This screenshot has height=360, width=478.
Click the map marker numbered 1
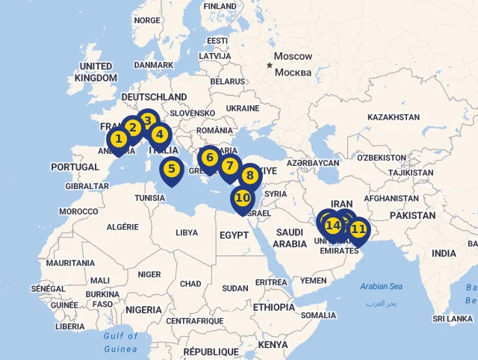pyautogui.click(x=118, y=139)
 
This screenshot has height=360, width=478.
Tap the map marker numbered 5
pyautogui.click(x=172, y=170)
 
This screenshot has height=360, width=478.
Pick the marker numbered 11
pyautogui.click(x=358, y=229)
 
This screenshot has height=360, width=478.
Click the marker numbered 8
pyautogui.click(x=250, y=176)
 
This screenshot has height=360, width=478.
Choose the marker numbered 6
pyautogui.click(x=210, y=158)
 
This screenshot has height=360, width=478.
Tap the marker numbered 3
pyautogui.click(x=148, y=121)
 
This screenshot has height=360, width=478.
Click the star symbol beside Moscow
pyautogui.click(x=269, y=66)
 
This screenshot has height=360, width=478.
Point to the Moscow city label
pyautogui.click(x=293, y=57)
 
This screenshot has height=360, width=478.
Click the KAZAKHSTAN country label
pyautogui.click(x=394, y=117)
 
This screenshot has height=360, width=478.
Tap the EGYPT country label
pyautogui.click(x=234, y=235)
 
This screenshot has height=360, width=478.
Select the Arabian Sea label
pyautogui.click(x=381, y=286)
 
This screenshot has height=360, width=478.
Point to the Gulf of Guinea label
pyautogui.click(x=120, y=342)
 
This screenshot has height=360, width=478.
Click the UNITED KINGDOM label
pyautogui.click(x=96, y=72)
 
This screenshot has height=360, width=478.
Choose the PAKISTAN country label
pyautogui.click(x=412, y=215)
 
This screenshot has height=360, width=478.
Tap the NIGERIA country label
pyautogui.click(x=143, y=309)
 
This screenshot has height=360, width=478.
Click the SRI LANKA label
pyautogui.click(x=453, y=319)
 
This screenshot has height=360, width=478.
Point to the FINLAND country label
pyautogui.click(x=220, y=6)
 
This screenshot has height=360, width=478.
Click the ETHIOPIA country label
pyautogui.click(x=273, y=307)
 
